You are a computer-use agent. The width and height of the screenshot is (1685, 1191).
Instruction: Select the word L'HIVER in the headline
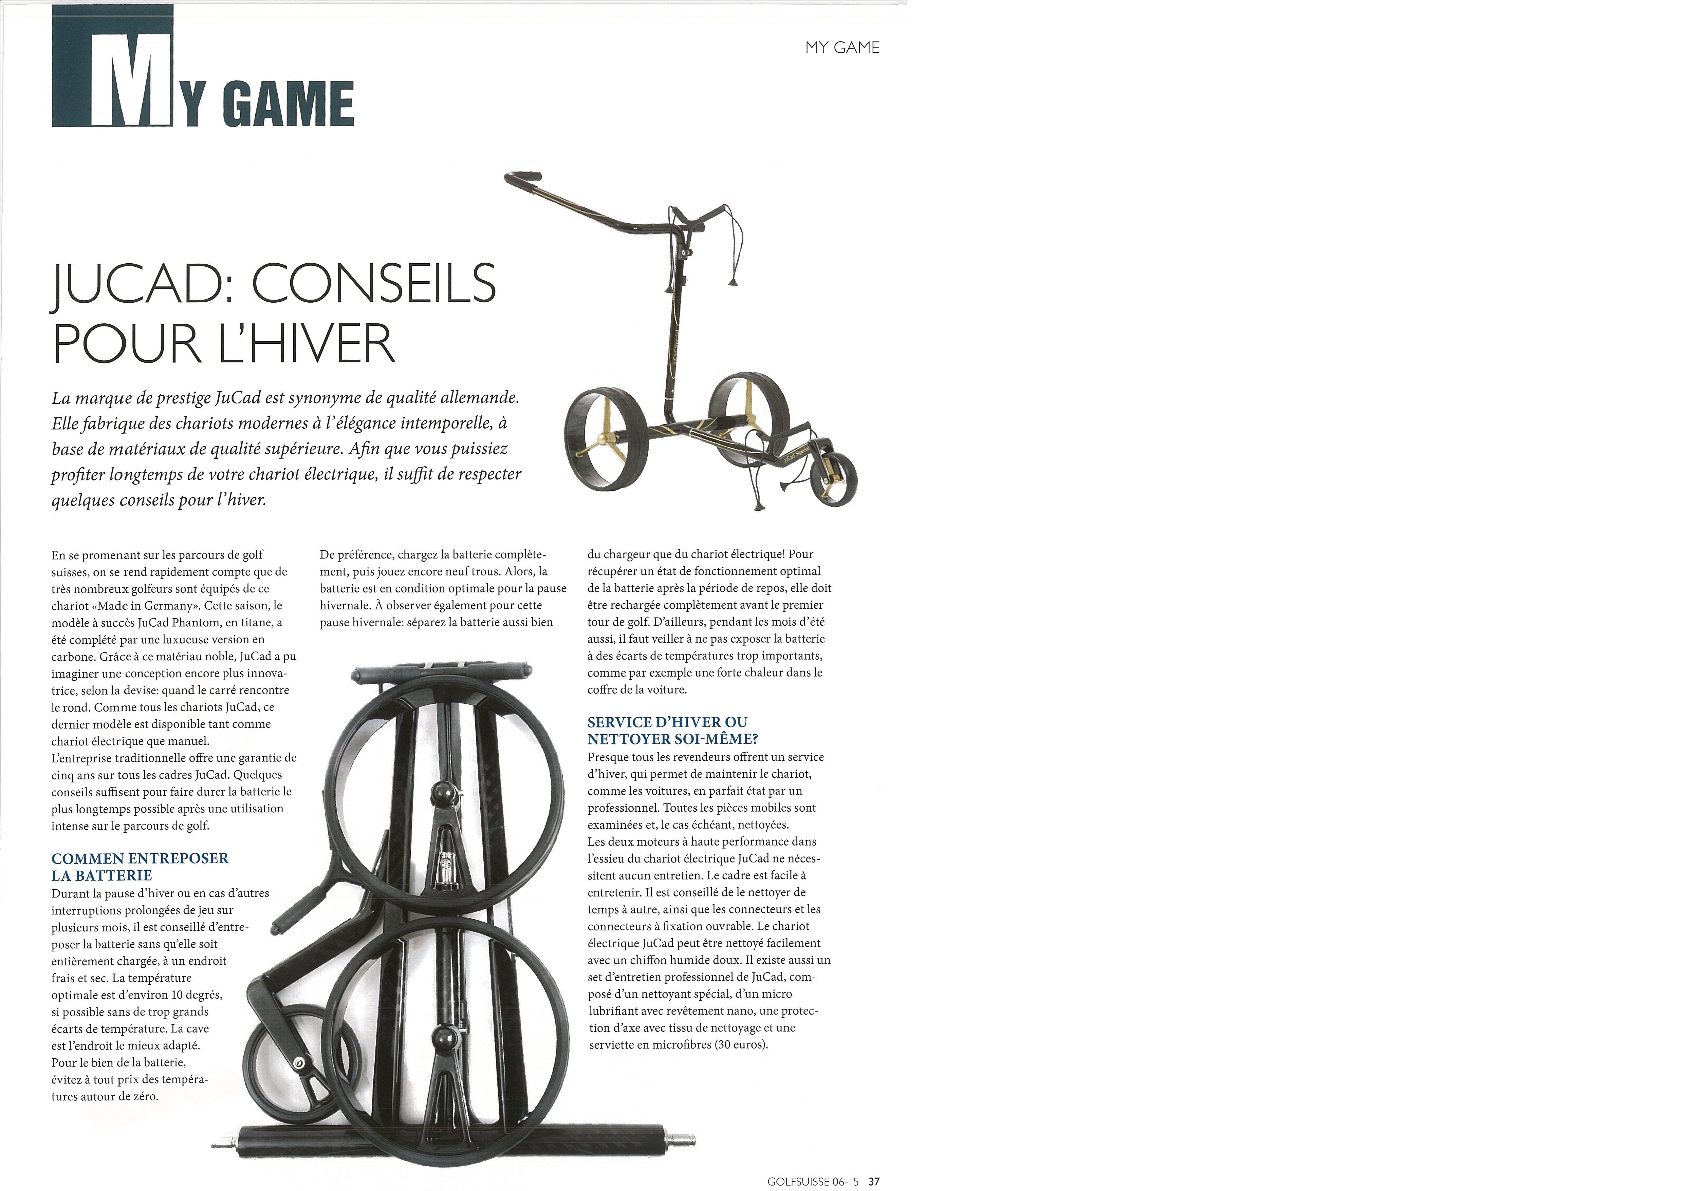click(x=308, y=343)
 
